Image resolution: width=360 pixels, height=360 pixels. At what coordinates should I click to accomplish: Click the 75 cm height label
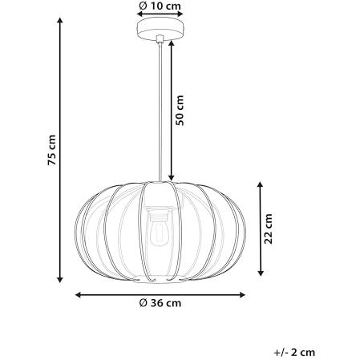[51, 150]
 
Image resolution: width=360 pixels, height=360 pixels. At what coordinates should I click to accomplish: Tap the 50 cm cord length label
[180, 110]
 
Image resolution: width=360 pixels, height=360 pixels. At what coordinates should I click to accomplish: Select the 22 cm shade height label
[268, 229]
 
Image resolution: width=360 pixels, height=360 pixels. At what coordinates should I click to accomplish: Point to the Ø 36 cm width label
[160, 303]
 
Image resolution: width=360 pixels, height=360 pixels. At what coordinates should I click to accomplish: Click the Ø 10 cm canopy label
[160, 6]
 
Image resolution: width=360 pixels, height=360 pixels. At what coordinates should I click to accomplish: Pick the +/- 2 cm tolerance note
[294, 352]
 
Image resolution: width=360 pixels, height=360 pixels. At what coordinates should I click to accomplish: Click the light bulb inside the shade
[158, 233]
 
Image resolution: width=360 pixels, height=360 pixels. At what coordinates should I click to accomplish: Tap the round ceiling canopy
[160, 27]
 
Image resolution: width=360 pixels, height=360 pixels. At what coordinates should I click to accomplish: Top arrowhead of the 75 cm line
[60, 20]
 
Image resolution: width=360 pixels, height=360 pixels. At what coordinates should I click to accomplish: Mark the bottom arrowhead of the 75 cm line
[60, 280]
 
